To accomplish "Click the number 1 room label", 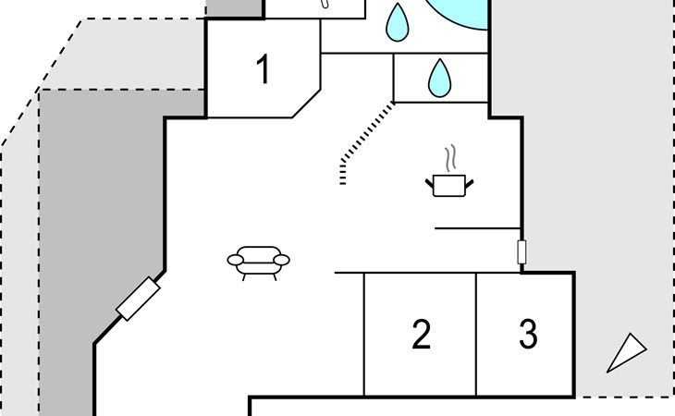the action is [x=264, y=68].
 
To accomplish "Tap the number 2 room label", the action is [x=421, y=334].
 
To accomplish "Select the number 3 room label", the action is [x=528, y=334].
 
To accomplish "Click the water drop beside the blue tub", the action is [x=398, y=22].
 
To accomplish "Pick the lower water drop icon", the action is [x=439, y=78].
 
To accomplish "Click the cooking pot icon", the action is [x=449, y=185].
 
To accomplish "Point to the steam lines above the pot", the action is [x=450, y=158].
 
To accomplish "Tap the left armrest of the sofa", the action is [x=235, y=260].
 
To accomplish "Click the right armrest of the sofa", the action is [x=281, y=260].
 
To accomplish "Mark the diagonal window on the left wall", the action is [x=138, y=299].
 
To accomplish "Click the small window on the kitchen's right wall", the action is [x=522, y=251].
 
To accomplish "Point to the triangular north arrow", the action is [x=627, y=352].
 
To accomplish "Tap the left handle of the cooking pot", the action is [x=430, y=184].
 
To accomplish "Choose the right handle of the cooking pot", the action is [x=469, y=184].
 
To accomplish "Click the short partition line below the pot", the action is [x=478, y=228].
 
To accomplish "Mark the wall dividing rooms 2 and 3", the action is [x=476, y=335].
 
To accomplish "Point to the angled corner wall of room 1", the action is [x=306, y=104].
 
